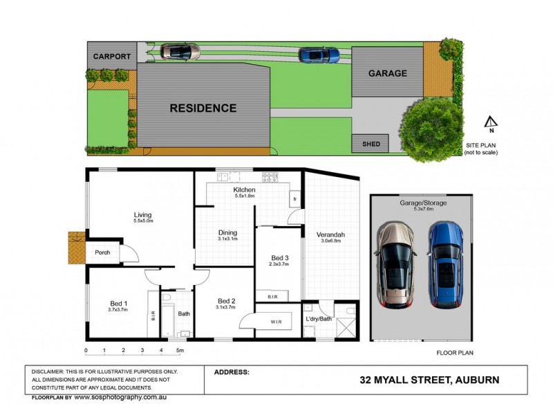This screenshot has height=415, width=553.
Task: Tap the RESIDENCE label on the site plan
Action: pos(203,108)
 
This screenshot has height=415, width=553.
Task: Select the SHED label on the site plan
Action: pos(371,144)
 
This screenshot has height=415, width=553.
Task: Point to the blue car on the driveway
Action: pos(319,55)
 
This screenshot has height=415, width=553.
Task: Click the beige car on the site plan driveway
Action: pos(180,51)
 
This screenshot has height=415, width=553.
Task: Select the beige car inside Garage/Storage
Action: pos(397,266)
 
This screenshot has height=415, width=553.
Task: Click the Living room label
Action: pos(143,215)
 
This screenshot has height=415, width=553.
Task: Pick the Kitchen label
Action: pos(245,190)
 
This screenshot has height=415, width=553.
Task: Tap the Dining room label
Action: pos(228,233)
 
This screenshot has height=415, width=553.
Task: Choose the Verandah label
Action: pos(332,234)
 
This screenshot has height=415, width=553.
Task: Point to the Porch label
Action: pos(102,252)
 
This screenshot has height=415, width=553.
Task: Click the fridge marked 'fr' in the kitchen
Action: pos(294,199)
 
